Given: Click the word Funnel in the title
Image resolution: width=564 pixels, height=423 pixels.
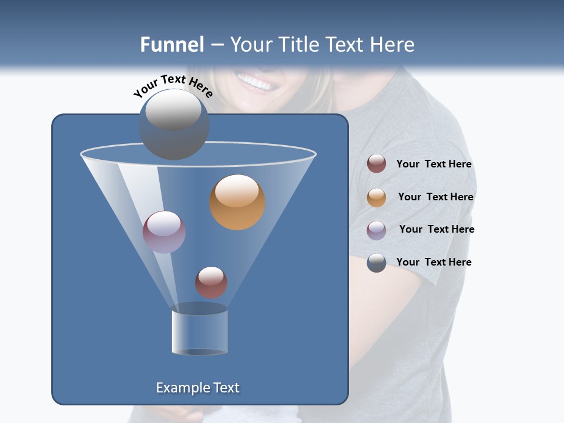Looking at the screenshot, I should point(172,44).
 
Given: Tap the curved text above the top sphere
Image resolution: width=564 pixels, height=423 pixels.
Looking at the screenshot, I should point(173,85).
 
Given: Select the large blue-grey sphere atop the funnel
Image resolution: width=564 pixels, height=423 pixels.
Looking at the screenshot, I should point(173,124).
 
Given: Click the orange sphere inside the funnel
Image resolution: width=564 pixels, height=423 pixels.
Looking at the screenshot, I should point(237,202).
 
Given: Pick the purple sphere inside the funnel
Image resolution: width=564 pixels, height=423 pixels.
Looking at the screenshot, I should point(164,231).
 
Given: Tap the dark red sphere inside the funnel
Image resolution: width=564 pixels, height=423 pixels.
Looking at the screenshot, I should point(211,282).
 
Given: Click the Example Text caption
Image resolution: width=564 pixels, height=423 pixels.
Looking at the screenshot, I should point(197,388).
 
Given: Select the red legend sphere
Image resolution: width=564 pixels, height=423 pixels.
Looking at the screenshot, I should point(377,164).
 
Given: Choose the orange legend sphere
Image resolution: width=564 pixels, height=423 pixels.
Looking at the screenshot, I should point(377,197).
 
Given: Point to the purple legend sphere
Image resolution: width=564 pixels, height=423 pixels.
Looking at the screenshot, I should point(377,230).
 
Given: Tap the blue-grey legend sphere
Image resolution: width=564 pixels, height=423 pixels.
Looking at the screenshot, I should point(377,263).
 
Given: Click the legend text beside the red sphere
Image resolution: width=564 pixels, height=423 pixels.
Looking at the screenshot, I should point(434,164).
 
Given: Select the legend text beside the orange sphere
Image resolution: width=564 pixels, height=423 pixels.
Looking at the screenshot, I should point(435,197).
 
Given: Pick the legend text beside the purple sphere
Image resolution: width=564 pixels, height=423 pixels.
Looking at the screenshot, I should point(437,230).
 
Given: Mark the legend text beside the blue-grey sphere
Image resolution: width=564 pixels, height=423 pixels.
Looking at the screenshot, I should point(434,263).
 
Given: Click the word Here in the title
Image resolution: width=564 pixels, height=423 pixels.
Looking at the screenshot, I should point(393,44).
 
